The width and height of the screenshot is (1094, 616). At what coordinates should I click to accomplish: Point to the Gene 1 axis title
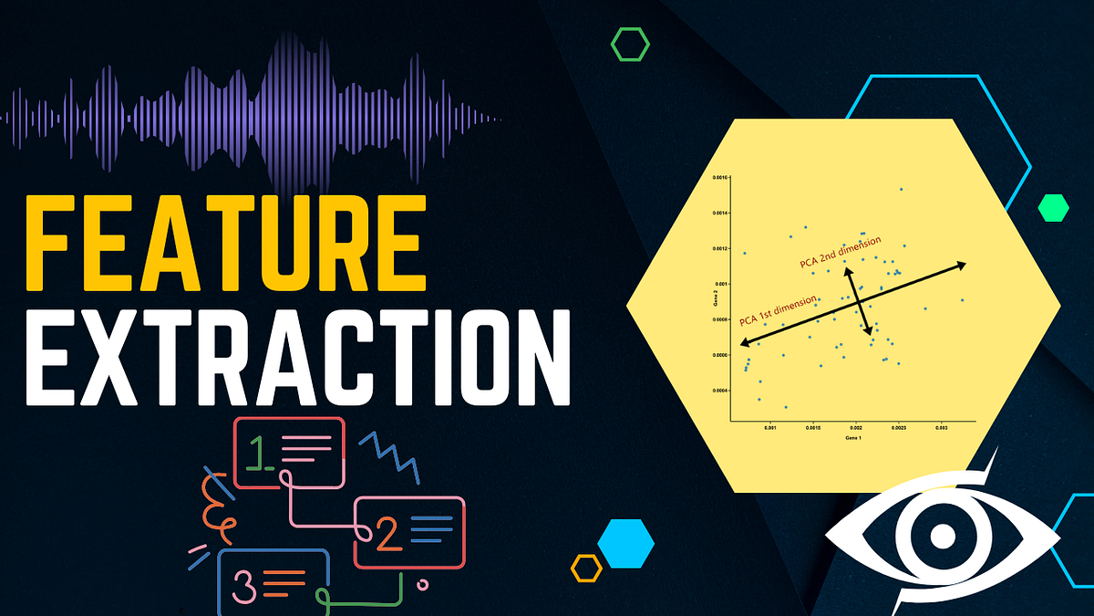tap(853, 438)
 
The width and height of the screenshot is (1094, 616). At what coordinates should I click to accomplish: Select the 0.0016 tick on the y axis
tap(719, 178)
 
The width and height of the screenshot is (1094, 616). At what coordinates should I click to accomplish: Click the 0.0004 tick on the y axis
tap(719, 391)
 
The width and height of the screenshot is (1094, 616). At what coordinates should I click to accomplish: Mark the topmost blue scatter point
tap(901, 190)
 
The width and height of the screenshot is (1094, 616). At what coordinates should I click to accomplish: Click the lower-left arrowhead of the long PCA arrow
tap(743, 343)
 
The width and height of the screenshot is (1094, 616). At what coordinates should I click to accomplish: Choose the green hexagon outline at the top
tap(630, 44)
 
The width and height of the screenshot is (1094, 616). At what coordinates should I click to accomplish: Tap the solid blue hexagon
tap(626, 542)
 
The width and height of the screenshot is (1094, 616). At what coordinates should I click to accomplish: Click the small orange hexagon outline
tap(586, 568)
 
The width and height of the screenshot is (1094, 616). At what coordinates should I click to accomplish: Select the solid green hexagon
tap(1053, 208)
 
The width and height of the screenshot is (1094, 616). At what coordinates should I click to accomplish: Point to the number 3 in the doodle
tap(244, 584)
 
